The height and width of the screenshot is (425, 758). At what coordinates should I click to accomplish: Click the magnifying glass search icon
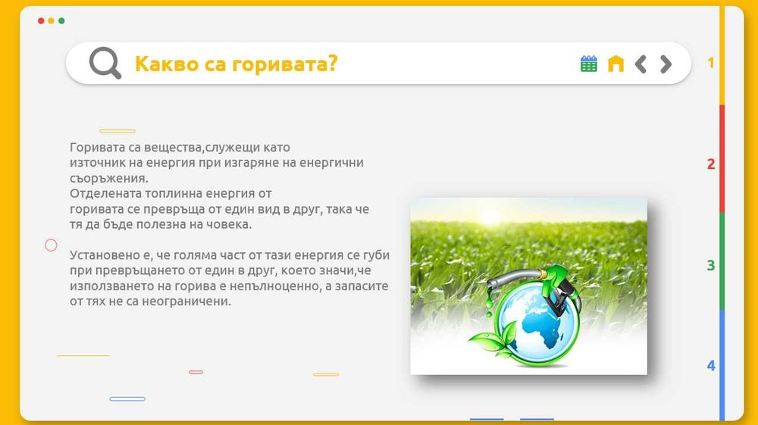pyautogui.click(x=105, y=63)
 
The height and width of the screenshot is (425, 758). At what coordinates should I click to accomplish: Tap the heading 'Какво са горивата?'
pyautogui.click(x=236, y=64)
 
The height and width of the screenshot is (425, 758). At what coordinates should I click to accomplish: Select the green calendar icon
pyautogui.click(x=589, y=64)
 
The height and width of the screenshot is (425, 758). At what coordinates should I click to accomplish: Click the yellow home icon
pyautogui.click(x=615, y=64)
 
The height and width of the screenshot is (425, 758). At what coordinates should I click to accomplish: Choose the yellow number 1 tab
pyautogui.click(x=711, y=63)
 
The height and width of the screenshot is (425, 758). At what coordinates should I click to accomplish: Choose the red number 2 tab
pyautogui.click(x=711, y=164)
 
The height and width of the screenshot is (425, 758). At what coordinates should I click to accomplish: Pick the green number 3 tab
pyautogui.click(x=711, y=265)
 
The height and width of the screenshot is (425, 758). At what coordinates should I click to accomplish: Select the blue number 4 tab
pyautogui.click(x=711, y=366)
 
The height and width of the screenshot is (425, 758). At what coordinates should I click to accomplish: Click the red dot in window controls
pyautogui.click(x=41, y=21)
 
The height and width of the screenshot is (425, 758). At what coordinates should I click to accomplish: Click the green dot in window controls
pyautogui.click(x=61, y=21)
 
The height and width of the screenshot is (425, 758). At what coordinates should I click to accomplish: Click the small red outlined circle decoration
pyautogui.click(x=52, y=245)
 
